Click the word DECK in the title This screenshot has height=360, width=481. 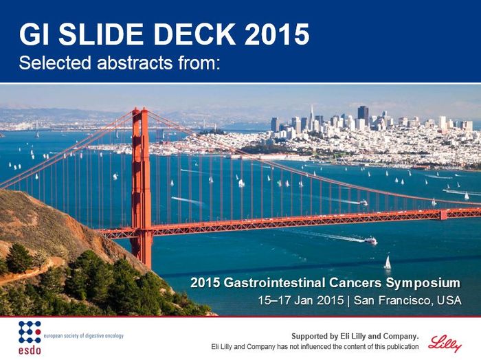tap(194, 34)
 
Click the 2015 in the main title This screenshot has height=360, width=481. tap(277, 34)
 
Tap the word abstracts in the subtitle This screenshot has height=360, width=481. tap(135, 63)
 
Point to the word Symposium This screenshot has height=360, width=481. tap(423, 283)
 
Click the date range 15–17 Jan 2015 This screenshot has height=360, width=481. tap(301, 300)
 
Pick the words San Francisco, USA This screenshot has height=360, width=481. tap(407, 300)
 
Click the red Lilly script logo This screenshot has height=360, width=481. tap(445, 343)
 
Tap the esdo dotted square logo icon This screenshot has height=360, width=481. tap(30, 332)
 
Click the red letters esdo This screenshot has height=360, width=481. tap(30, 350)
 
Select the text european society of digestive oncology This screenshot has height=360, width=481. tap(84, 336)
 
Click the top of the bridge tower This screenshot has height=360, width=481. tap(140, 109)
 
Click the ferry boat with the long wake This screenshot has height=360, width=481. tap(370, 240)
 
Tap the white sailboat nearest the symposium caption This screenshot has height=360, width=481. tap(388, 263)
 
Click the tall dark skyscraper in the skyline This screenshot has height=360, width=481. tap(363, 115)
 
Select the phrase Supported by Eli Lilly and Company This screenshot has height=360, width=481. tap(355, 337)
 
